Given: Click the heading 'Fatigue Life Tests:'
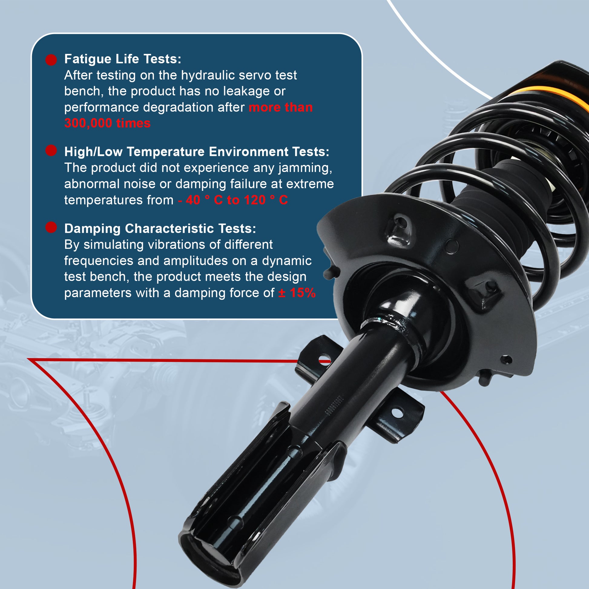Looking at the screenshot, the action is pos(123,59).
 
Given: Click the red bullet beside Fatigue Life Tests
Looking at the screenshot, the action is pos(51,60).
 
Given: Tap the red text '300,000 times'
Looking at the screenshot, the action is pos(107,123).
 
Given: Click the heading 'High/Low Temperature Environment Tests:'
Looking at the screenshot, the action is pos(197,152).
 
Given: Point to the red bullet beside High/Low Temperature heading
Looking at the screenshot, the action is pos(51,150).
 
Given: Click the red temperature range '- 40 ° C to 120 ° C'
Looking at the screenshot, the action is pos(233,200).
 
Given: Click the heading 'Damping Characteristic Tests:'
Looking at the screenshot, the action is pos(160,228).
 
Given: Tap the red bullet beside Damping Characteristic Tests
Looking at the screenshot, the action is pos(51,227).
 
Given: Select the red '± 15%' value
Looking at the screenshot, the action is pos(297,293).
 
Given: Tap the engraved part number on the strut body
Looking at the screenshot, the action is pos(335,406).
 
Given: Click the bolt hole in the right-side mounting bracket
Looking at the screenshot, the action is pos(397,413).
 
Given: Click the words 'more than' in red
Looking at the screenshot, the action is pos(281,107).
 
